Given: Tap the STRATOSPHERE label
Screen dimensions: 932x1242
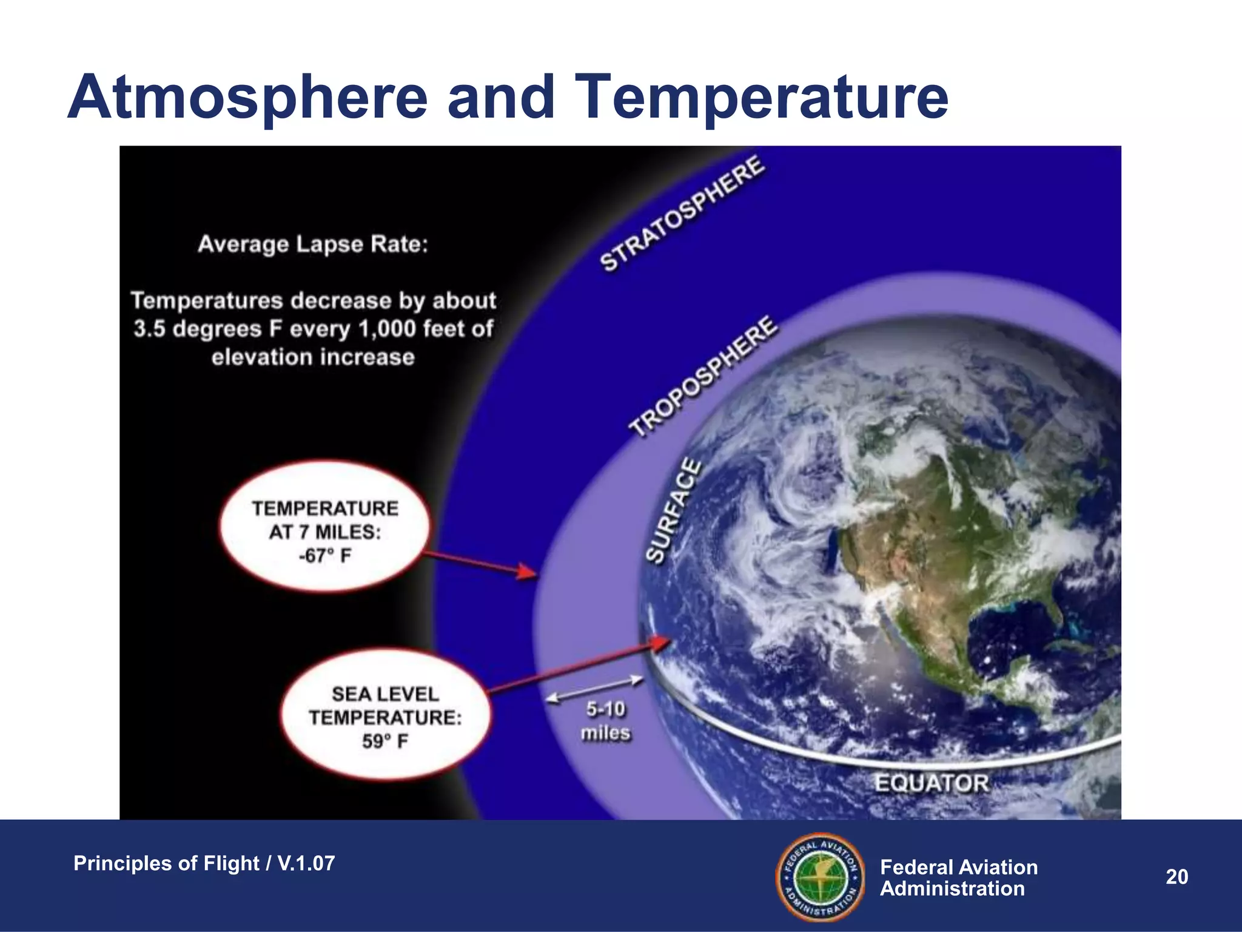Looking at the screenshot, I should click(682, 213).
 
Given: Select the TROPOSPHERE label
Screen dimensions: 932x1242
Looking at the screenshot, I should click(702, 376).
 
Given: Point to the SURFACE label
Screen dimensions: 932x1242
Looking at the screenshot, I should click(673, 511).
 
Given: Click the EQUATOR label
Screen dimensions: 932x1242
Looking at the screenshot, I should click(931, 783).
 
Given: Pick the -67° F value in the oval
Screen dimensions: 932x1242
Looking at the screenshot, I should click(324, 556).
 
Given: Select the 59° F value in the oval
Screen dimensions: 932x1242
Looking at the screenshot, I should click(385, 741).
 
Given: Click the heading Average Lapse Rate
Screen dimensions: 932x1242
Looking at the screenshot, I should click(313, 245).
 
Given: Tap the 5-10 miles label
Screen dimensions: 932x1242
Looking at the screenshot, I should click(605, 721).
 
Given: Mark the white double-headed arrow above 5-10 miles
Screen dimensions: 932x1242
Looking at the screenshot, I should click(594, 689).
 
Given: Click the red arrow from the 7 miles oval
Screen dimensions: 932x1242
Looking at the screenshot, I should click(479, 562).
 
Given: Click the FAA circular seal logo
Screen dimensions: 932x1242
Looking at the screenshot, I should click(821, 876).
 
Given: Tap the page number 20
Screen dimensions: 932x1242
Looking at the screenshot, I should click(1177, 877).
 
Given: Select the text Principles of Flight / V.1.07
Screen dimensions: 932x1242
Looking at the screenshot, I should click(204, 863).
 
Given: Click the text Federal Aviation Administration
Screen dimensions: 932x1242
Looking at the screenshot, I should click(958, 877).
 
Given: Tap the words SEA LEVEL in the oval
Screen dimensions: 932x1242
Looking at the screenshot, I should click(385, 694).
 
